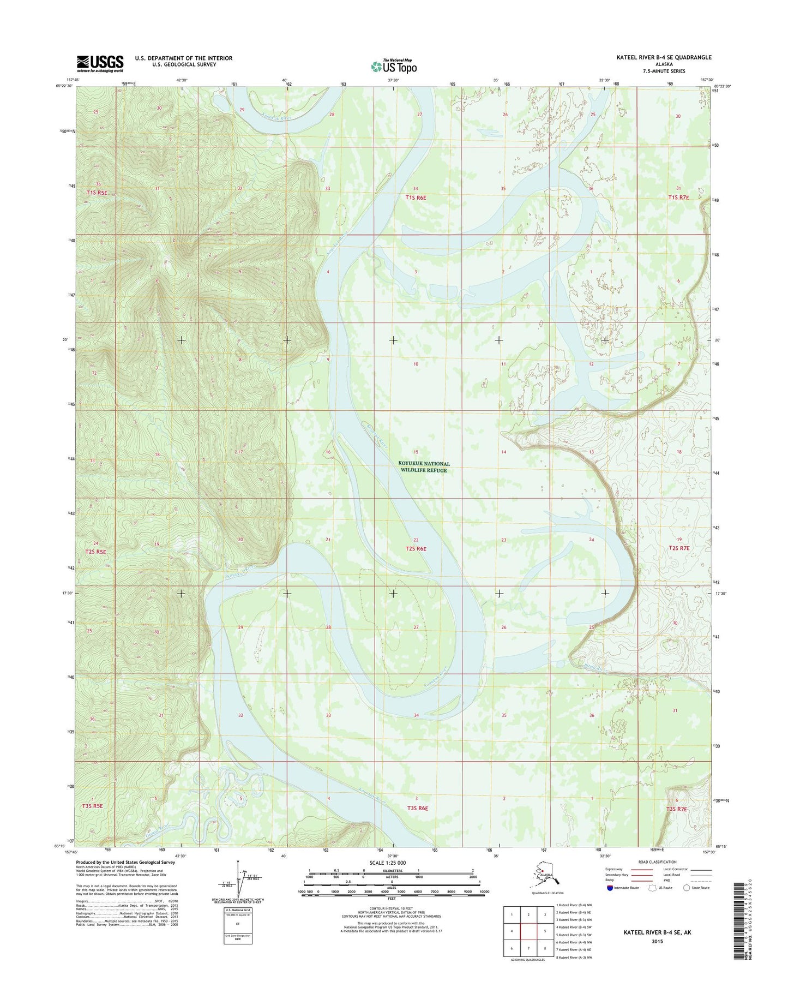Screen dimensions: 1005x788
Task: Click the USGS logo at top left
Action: point(100,63)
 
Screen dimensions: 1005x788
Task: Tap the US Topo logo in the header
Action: point(394,66)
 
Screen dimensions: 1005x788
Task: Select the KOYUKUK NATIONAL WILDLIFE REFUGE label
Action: point(424,467)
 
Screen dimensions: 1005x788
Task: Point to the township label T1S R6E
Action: point(416,198)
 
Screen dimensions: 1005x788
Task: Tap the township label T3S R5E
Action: point(92,805)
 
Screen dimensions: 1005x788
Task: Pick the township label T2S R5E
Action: point(95,552)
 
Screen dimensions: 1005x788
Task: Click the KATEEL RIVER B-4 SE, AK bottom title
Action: point(657,932)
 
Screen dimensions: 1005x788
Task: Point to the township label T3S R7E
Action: point(677,809)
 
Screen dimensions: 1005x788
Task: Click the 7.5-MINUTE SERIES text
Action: point(664,71)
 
